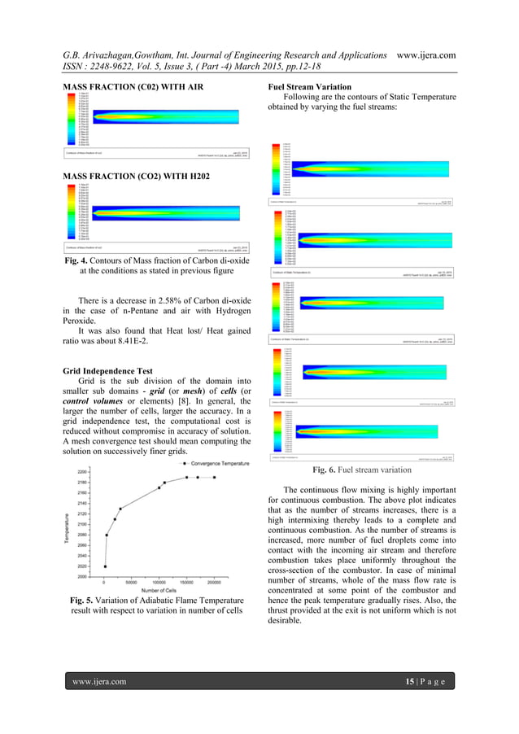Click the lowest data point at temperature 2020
click(x=105, y=566)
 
